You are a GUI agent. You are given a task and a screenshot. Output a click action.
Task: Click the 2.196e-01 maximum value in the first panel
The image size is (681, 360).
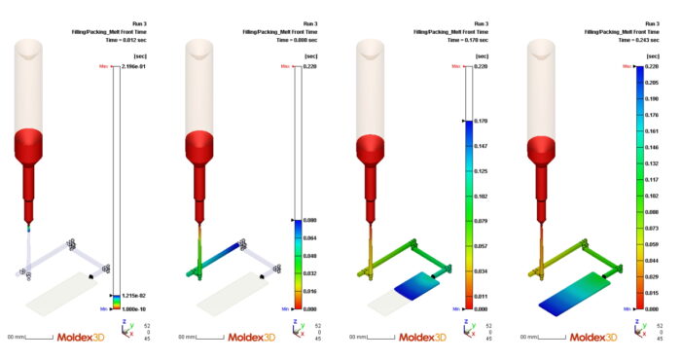134,66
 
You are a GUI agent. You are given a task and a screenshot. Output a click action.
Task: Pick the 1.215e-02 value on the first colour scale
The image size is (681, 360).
134,295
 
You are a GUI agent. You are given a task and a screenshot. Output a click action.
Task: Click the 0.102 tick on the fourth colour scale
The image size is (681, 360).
649,196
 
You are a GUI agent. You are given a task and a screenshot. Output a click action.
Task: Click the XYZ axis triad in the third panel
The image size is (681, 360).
464,329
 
